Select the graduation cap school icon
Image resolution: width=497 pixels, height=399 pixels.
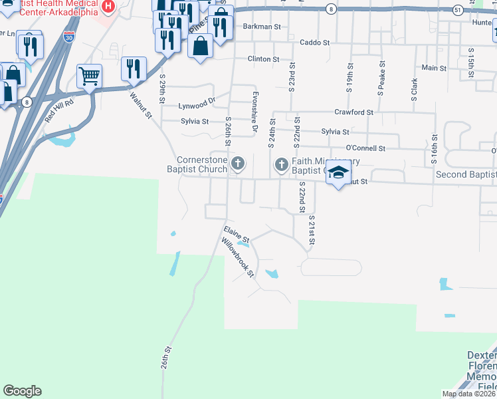click(x=338, y=174)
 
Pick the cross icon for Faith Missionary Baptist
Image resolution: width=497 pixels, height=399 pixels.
click(x=281, y=164)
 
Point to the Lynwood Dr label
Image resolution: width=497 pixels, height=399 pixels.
click(x=197, y=105)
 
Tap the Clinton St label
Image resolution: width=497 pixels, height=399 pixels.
click(x=263, y=59)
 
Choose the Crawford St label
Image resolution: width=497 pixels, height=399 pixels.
click(x=349, y=112)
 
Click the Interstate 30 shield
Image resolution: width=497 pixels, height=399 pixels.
click(x=69, y=37)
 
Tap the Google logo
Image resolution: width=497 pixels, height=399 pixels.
click(x=22, y=391)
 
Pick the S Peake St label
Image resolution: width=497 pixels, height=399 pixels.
click(x=381, y=79)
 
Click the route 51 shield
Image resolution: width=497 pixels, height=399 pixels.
click(x=457, y=10)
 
